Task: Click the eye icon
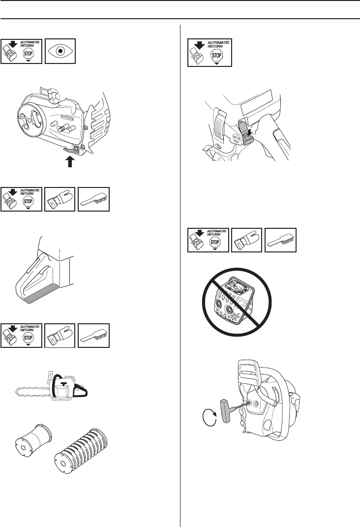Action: pyautogui.click(x=60, y=50)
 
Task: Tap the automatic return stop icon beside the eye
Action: pyautogui.click(x=22, y=50)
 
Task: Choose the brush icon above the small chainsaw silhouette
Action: pyautogui.click(x=94, y=337)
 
